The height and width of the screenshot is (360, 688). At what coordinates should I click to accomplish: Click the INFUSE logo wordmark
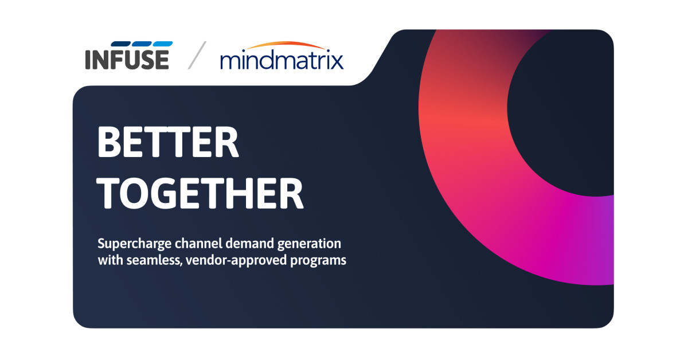127,59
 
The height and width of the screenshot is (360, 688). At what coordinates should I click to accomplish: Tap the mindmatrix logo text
282,59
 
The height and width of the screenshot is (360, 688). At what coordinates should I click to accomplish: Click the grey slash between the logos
197,55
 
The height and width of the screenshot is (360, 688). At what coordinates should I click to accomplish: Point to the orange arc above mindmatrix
286,45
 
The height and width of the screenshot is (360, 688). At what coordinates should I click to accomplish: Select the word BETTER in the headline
168,142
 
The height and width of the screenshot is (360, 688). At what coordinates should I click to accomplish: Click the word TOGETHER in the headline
200,194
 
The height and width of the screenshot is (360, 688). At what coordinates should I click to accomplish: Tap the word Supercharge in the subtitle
135,244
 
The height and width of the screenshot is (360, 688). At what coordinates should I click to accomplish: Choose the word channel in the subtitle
198,243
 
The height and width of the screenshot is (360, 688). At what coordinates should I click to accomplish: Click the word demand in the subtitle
250,243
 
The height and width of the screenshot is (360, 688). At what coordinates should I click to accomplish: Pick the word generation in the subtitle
309,244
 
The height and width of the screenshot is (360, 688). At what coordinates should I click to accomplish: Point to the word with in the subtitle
110,260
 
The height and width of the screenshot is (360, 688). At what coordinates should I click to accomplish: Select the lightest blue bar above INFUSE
163,44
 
